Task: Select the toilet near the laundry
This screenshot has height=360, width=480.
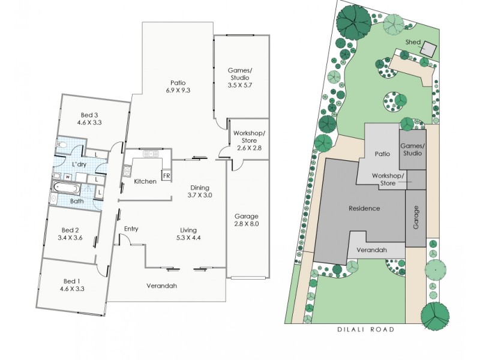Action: [62, 145]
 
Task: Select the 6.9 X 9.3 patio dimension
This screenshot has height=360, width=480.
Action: [177, 91]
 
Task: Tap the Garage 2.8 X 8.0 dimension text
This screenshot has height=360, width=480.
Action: [247, 224]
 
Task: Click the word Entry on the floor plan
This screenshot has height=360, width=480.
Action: [131, 229]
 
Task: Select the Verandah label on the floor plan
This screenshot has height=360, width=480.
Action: [162, 286]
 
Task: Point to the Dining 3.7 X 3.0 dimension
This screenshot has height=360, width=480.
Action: [200, 195]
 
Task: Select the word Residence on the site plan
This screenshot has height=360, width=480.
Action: [364, 208]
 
